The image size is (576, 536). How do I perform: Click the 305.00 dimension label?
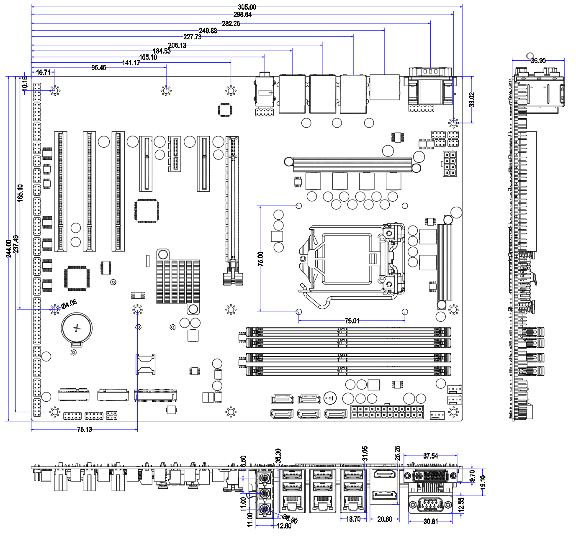247,7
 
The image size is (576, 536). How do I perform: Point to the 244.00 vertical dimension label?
9,249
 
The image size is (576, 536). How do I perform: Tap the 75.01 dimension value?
352,321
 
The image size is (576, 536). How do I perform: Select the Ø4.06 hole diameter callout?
69,304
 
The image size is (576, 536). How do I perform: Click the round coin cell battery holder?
77,328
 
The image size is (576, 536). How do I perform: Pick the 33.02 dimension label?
472,100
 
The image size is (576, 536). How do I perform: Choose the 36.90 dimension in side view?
538,61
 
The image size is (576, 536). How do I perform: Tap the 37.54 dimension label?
430,456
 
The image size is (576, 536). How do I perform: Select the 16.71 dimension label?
43,72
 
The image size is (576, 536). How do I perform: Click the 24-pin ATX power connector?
387,412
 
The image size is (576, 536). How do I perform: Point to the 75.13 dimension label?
84,430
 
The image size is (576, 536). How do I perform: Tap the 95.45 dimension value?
99,68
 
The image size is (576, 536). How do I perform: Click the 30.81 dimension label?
430,521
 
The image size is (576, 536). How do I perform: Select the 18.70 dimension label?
353,519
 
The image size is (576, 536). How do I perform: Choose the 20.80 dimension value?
385,519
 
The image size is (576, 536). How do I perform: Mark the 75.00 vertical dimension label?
261,259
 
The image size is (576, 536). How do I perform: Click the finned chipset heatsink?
178,282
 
